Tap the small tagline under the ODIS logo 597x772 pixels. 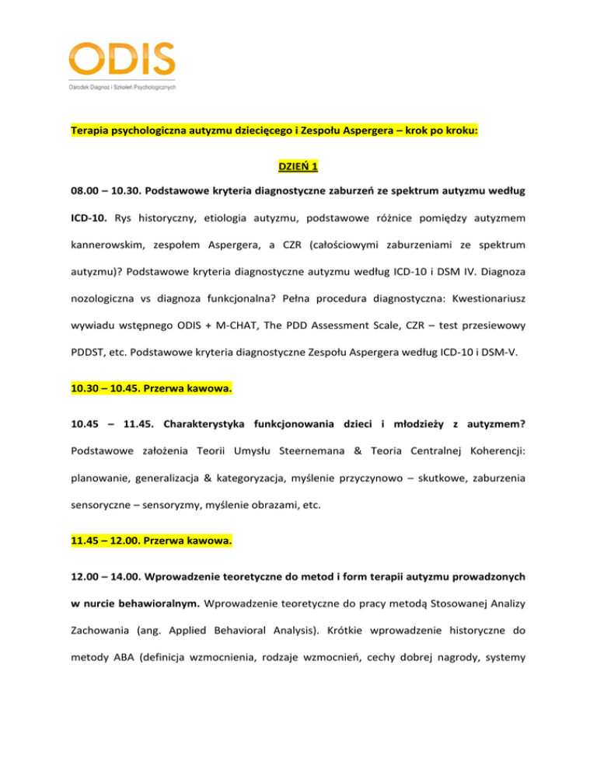click(122, 87)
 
